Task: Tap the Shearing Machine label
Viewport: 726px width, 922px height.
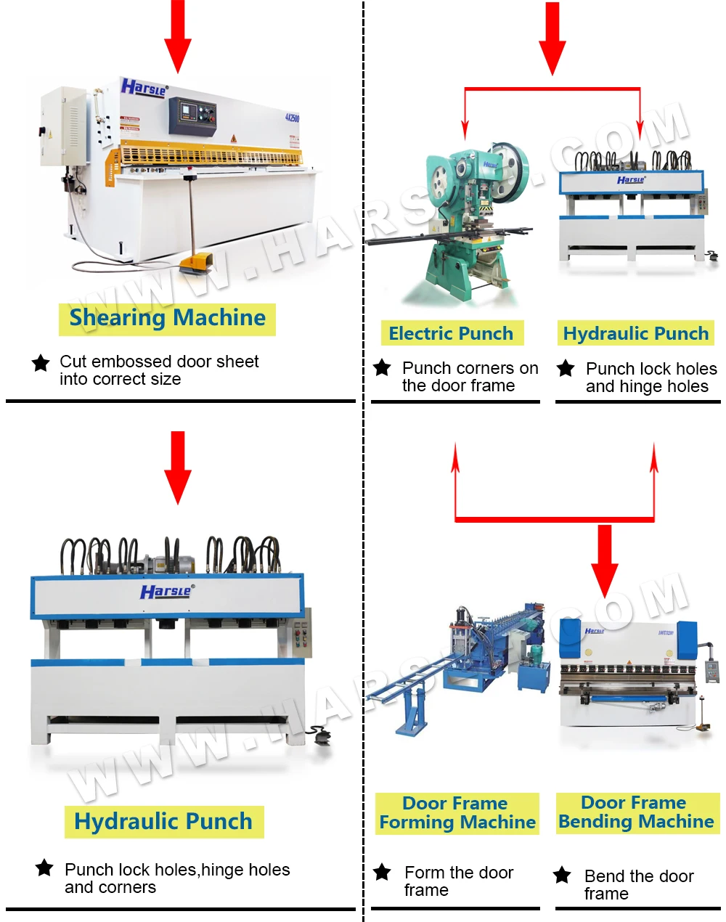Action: pyautogui.click(x=168, y=319)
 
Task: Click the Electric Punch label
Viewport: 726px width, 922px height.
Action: pyautogui.click(x=452, y=334)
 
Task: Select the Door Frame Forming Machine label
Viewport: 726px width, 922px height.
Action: pyautogui.click(x=457, y=813)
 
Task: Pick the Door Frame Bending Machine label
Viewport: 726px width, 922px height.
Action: pyautogui.click(x=637, y=812)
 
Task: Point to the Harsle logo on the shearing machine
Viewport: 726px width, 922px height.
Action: pyautogui.click(x=144, y=88)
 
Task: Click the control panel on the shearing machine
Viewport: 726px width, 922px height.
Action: pyautogui.click(x=193, y=116)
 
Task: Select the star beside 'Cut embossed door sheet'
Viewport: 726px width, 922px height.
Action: pyautogui.click(x=41, y=362)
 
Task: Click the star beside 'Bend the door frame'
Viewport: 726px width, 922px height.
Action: pyautogui.click(x=563, y=876)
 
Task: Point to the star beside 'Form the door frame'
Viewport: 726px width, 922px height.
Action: pyautogui.click(x=382, y=873)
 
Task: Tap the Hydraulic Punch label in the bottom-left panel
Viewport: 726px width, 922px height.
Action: pyautogui.click(x=164, y=823)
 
